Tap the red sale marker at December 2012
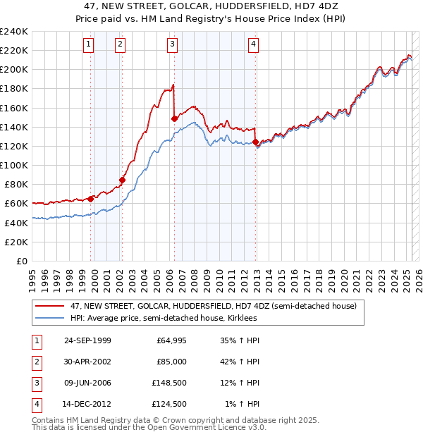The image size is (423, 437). tap(255, 142)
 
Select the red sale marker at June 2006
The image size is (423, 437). tap(174, 119)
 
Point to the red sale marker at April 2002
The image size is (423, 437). tap(122, 180)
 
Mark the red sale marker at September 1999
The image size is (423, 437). tap(90, 199)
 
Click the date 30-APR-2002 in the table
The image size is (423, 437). tap(87, 362)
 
